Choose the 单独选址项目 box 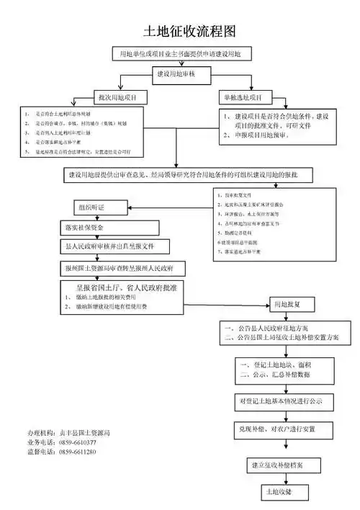[x=242, y=97]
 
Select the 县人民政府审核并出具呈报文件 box [x=114, y=246]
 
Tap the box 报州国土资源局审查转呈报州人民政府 [x=124, y=267]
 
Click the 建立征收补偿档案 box [x=281, y=465]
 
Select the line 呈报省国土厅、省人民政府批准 [x=122, y=287]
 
